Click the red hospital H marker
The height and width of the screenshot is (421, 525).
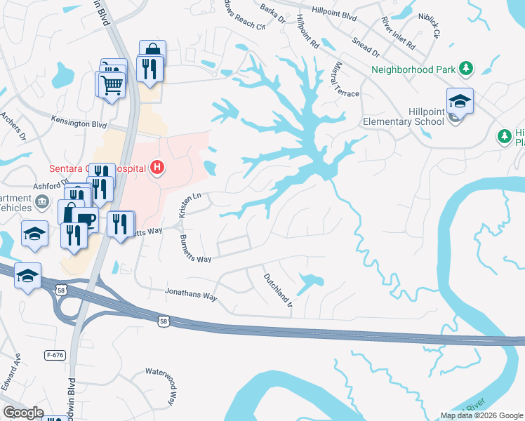[x=158, y=168]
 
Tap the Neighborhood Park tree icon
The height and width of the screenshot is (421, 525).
[x=465, y=69]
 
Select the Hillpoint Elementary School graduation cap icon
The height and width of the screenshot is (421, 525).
[x=460, y=101]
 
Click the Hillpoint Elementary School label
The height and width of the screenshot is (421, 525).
[x=404, y=116]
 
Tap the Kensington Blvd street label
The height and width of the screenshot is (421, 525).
[x=79, y=124]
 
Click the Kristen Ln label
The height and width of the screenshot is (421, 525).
[x=190, y=203]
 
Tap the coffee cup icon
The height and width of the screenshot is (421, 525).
[x=86, y=220]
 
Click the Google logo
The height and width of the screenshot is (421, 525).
[x=24, y=413]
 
